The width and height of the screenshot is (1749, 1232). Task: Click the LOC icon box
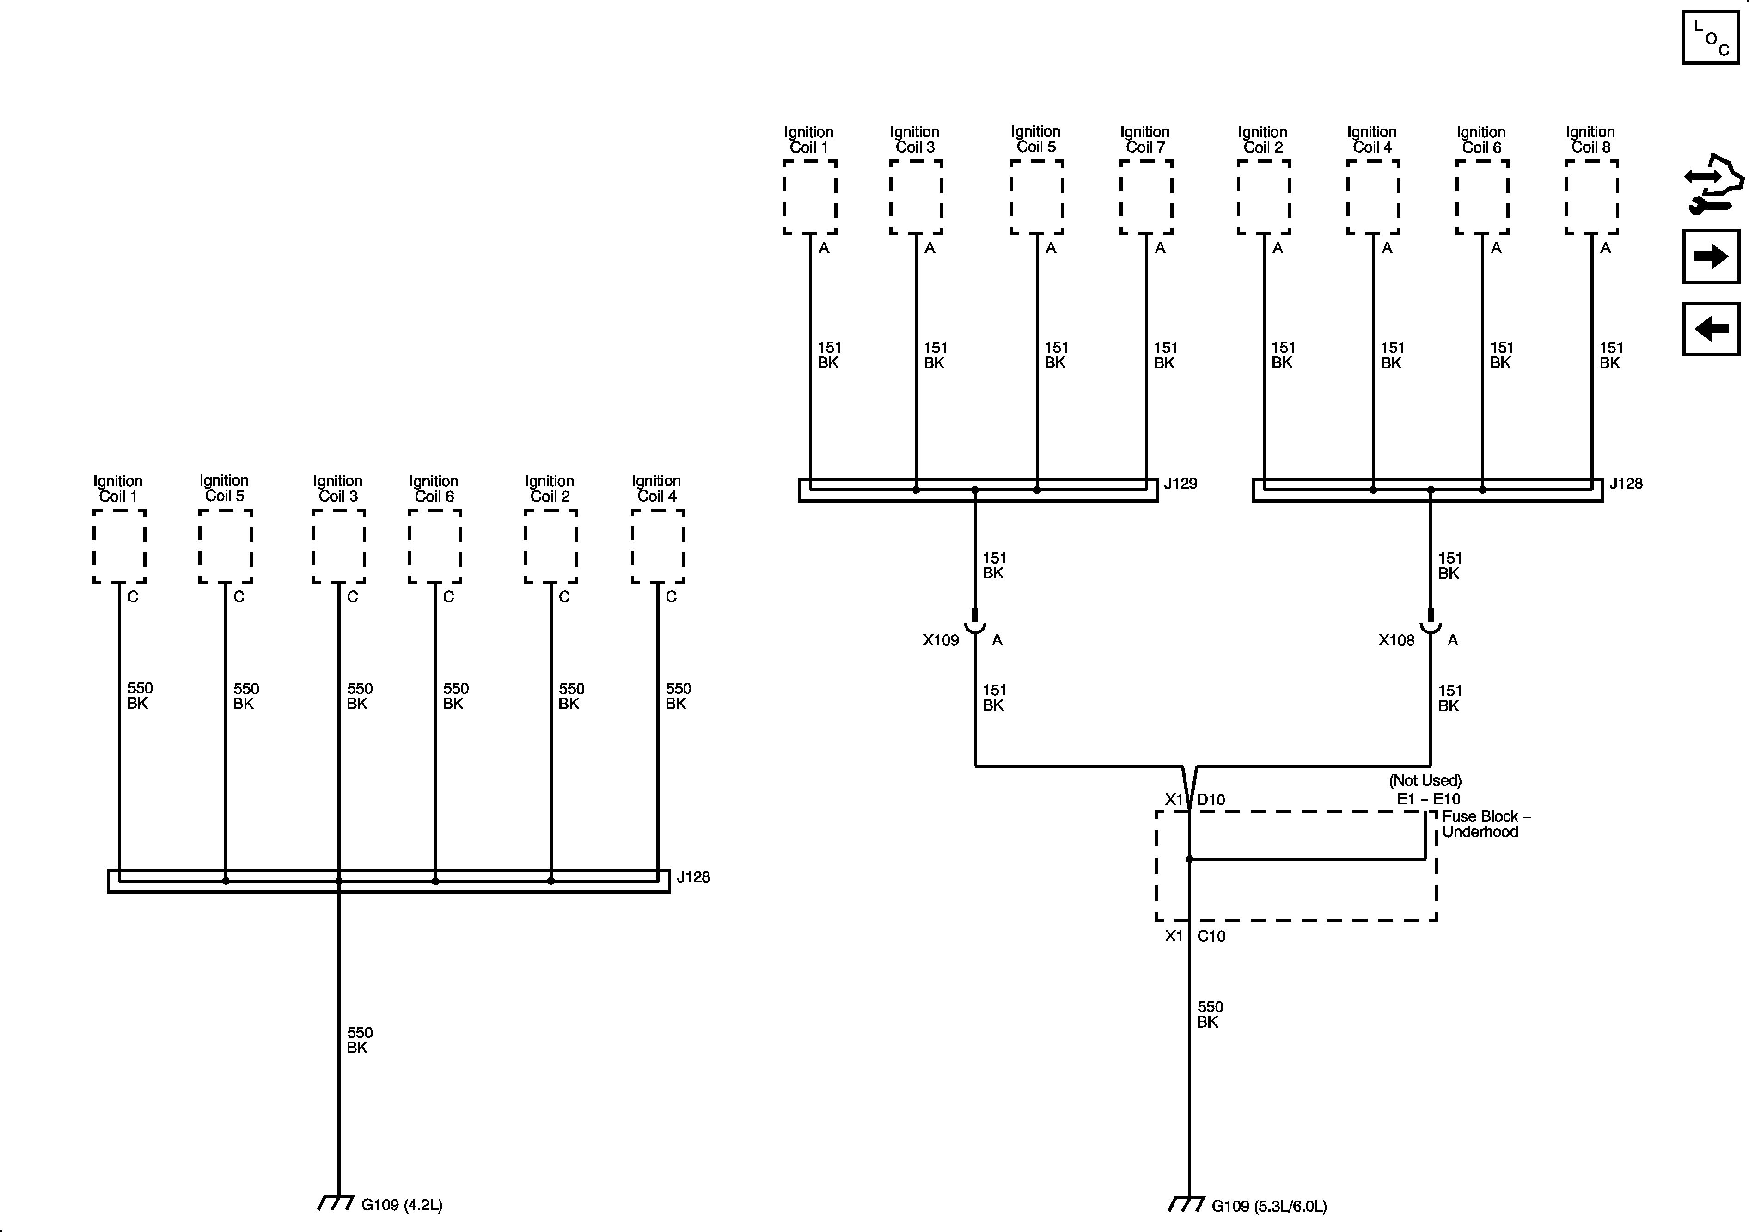pos(1711,37)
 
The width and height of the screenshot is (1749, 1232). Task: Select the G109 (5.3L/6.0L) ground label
pos(1268,1206)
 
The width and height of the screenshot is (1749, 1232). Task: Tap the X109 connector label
pos(941,640)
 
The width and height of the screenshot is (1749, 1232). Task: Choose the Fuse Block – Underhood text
pos(1486,824)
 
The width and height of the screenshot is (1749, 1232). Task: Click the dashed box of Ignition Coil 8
pos(1591,197)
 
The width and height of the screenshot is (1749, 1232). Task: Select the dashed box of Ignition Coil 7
pos(1146,197)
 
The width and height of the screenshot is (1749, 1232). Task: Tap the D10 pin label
pos(1211,799)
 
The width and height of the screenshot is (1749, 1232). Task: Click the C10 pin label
pos(1211,936)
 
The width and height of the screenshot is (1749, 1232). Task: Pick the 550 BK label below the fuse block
pos(1209,1014)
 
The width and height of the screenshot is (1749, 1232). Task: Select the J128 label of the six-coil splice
pos(693,877)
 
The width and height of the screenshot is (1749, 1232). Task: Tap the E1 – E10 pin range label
pos(1428,799)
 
